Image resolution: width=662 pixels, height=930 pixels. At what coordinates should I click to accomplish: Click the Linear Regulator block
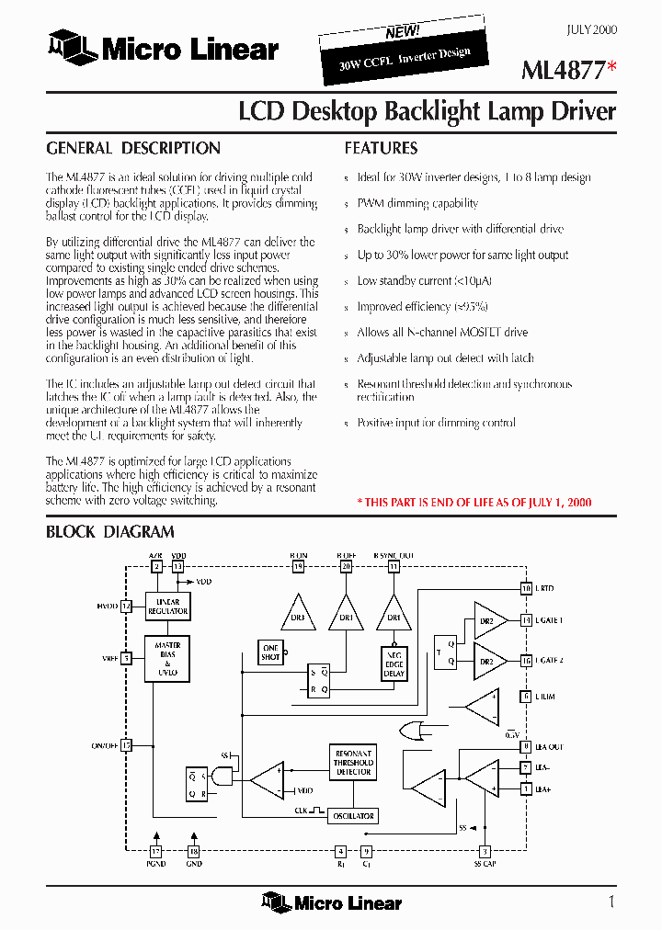click(168, 607)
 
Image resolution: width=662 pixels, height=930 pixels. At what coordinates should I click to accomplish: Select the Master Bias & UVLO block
click(168, 660)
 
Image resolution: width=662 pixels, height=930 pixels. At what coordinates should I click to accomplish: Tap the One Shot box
click(270, 653)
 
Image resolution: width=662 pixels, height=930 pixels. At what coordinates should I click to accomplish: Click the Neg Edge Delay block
click(394, 663)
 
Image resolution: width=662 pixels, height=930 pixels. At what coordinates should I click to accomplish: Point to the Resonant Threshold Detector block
click(353, 763)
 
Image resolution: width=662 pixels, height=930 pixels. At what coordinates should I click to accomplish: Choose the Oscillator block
click(353, 816)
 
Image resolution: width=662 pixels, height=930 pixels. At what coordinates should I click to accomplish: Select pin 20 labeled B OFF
click(347, 567)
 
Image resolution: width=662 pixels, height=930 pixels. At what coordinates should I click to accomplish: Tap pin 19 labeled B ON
click(298, 567)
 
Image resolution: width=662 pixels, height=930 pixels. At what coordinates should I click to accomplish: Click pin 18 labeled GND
click(193, 851)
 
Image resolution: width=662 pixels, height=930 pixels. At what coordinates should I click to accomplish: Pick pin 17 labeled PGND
click(156, 851)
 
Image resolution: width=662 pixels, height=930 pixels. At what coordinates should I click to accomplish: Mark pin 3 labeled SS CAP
click(485, 851)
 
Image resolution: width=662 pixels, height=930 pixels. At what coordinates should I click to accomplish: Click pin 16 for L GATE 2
click(526, 661)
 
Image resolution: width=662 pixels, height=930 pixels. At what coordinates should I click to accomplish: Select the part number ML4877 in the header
click(563, 70)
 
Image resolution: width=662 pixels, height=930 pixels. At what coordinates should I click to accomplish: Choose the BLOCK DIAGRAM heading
click(110, 531)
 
